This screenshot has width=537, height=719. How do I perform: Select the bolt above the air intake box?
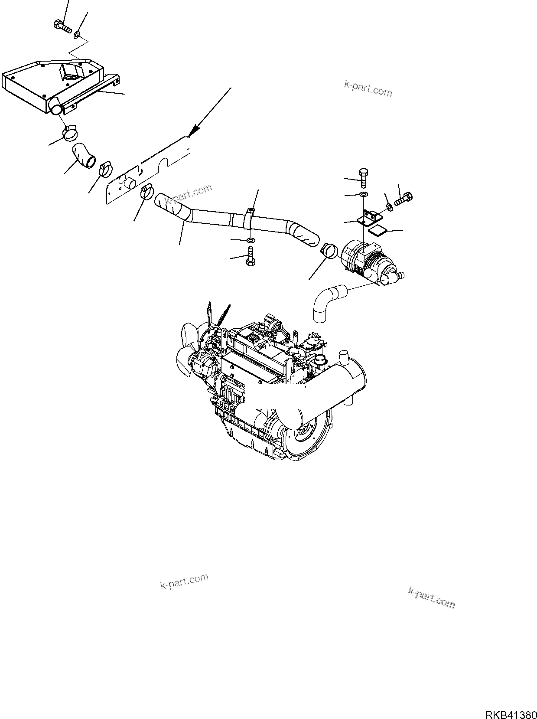tap(63, 26)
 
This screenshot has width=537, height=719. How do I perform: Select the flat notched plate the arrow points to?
tap(147, 169)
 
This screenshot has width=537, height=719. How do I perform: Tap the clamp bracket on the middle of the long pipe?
tap(249, 217)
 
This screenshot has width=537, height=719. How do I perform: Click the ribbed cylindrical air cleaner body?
tap(366, 260)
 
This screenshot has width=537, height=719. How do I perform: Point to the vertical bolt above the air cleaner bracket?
tap(363, 177)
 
